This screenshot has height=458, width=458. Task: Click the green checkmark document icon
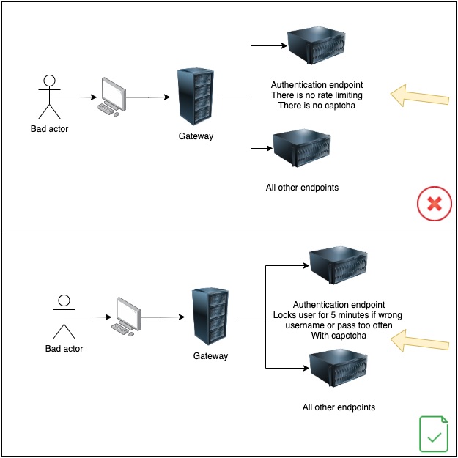434,434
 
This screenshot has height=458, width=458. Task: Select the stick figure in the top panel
49,96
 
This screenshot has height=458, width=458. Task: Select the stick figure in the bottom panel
64,316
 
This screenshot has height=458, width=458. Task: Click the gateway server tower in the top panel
195,97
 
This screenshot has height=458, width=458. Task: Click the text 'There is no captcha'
316,106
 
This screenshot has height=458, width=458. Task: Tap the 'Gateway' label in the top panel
196,136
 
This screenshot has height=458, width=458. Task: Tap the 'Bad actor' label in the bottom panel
64,349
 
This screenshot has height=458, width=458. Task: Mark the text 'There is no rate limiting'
317,95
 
